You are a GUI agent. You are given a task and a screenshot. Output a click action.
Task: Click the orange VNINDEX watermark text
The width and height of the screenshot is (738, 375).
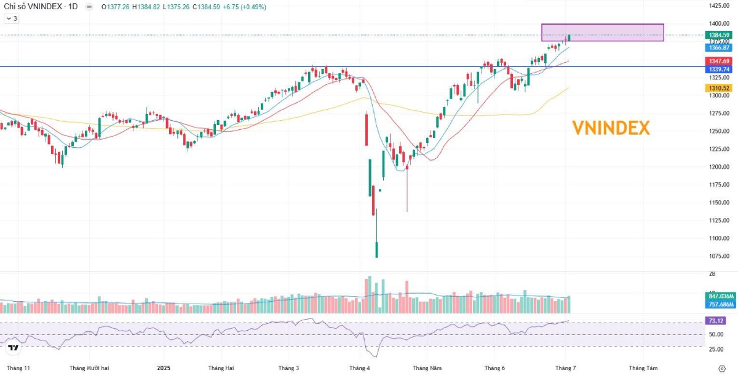point(611,128)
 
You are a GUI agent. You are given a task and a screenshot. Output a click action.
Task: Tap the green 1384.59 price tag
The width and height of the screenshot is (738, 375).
point(718,35)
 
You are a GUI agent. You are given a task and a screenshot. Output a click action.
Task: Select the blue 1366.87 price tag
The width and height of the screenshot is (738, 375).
point(718,47)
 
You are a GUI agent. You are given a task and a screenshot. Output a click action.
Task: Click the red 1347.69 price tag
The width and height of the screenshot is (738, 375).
point(718,61)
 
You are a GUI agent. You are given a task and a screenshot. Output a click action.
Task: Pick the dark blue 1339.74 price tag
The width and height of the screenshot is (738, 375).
point(718,70)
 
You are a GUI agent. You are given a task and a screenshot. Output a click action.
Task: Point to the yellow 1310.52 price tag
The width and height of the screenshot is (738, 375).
point(718,88)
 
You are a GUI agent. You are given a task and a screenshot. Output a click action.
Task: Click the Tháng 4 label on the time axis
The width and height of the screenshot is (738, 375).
point(360,368)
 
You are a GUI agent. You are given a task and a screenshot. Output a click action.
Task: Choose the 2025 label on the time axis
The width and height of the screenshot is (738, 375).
point(163,368)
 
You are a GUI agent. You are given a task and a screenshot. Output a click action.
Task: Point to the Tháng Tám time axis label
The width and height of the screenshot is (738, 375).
point(643,368)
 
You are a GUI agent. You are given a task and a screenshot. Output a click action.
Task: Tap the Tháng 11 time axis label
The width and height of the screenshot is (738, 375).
point(18,368)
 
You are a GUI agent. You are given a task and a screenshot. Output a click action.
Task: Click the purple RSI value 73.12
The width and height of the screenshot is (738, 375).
point(715,321)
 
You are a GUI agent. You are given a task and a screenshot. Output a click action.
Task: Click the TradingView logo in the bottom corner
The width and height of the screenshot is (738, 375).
point(13,349)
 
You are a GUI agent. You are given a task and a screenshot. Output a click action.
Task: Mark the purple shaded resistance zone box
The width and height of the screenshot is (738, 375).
point(603,33)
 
